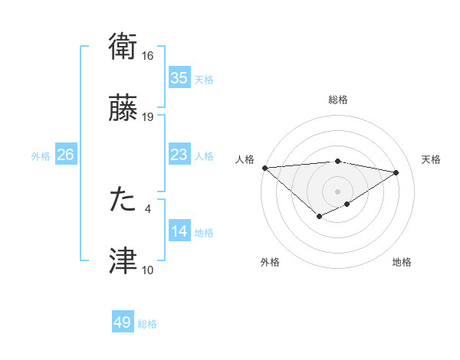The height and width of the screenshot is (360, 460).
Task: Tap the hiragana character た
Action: (123, 199)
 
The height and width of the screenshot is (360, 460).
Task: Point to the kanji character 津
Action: (123, 261)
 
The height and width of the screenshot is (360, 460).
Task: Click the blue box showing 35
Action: (179, 78)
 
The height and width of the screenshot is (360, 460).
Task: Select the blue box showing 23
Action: (179, 155)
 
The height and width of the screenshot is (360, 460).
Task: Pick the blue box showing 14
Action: (179, 232)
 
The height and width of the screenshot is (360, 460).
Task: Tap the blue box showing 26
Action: (65, 155)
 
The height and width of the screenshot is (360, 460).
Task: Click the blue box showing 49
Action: (123, 323)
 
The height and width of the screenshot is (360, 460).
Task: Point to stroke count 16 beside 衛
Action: (148, 56)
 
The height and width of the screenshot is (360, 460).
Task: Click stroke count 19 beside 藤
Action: (148, 117)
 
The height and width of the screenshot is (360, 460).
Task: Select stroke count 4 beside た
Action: (147, 208)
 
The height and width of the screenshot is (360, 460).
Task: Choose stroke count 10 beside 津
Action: (148, 270)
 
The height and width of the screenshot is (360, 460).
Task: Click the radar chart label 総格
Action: (338, 100)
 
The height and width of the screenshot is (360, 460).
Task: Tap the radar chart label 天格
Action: (432, 159)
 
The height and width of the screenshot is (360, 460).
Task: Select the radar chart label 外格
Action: (270, 263)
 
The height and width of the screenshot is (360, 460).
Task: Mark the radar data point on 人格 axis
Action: (264, 168)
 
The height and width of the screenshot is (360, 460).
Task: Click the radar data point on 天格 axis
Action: (396, 173)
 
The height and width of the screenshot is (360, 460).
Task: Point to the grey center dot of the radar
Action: (338, 191)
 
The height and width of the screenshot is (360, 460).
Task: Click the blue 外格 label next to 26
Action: (40, 156)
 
